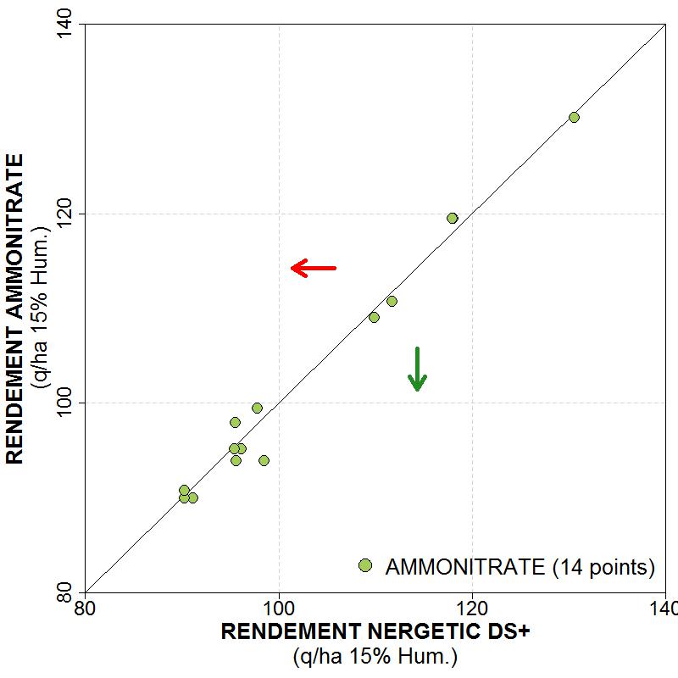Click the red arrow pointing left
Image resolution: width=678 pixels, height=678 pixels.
[x=314, y=268]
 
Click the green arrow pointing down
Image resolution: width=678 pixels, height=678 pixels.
[x=417, y=370]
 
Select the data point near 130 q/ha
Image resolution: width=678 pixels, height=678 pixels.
[x=574, y=117]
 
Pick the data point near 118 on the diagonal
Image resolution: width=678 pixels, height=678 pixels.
[x=452, y=218]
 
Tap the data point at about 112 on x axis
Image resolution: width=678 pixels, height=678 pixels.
[x=392, y=301]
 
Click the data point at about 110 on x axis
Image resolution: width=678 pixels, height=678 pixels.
[x=374, y=317]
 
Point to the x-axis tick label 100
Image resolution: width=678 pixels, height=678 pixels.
[x=278, y=608]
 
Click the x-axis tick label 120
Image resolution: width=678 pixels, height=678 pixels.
[x=471, y=608]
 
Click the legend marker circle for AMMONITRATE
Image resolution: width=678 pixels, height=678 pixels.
[x=365, y=565]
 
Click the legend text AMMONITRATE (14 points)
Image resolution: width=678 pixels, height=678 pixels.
[x=520, y=567]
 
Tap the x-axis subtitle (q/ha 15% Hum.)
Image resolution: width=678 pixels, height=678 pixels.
[x=375, y=656]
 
